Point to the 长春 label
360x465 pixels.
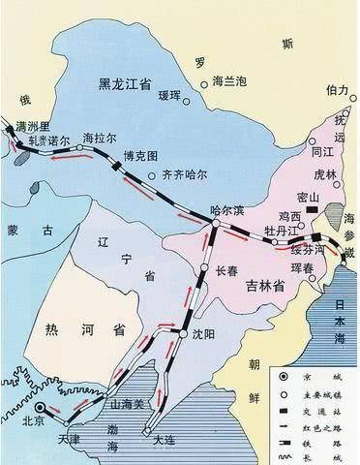227,271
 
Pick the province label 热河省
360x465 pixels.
73,329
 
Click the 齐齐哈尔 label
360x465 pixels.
186,176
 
